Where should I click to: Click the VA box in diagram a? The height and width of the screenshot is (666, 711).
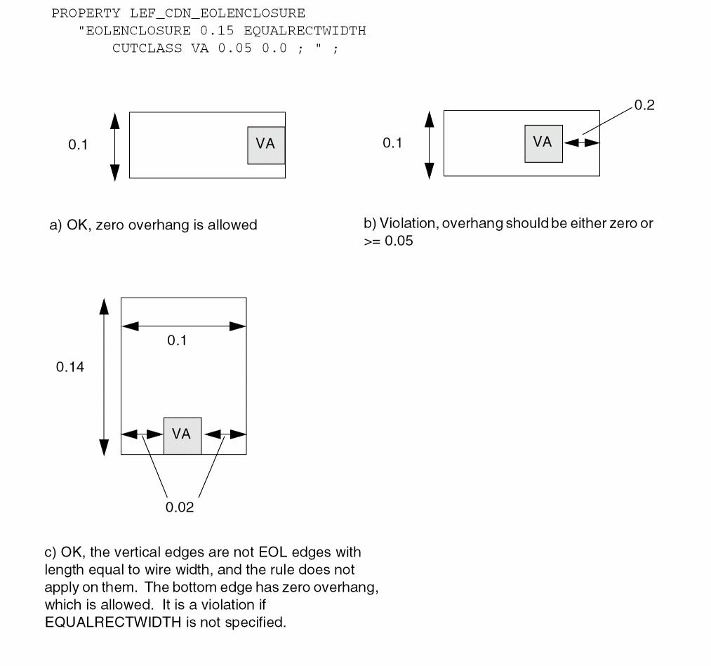click(266, 145)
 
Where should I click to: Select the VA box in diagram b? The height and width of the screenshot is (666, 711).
click(543, 143)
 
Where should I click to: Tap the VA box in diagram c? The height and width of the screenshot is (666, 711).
click(182, 435)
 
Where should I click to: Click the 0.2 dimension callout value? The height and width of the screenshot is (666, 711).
click(644, 105)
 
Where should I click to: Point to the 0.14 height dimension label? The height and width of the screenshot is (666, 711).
click(70, 366)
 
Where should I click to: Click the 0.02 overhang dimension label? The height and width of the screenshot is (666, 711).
click(180, 507)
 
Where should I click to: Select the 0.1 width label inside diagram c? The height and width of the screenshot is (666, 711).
click(177, 340)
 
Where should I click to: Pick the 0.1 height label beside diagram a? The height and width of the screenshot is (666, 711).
click(78, 145)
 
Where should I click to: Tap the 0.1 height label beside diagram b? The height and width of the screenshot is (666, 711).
click(392, 143)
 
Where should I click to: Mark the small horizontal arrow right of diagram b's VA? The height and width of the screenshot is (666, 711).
click(581, 143)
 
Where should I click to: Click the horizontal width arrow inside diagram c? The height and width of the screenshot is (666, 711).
click(183, 326)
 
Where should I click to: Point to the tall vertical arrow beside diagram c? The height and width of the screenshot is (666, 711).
click(104, 376)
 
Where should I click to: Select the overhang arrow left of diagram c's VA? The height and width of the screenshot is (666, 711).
click(142, 434)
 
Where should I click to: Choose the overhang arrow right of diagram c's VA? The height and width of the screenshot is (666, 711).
click(224, 434)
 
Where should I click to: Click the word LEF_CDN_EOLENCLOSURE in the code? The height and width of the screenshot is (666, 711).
click(218, 13)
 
